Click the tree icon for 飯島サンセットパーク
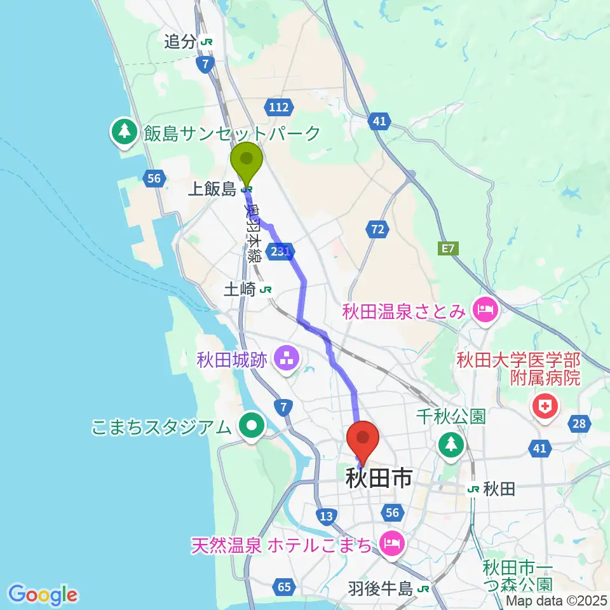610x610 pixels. [124, 132]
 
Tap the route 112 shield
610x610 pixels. [280, 108]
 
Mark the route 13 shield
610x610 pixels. [327, 517]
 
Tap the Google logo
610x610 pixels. [43, 595]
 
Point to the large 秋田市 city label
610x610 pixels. [379, 478]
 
